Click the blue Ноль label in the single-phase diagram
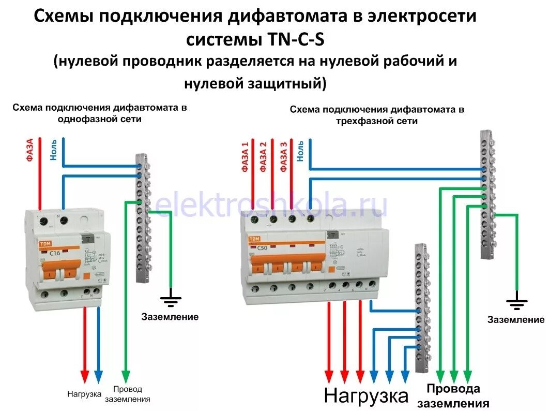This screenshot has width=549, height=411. tap(54, 150)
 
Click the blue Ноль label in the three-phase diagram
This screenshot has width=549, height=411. tap(301, 149)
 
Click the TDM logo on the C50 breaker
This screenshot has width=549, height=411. tap(255, 239)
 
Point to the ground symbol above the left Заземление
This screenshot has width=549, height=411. tap(171, 299)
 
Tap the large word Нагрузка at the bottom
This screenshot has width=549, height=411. tap(366, 396)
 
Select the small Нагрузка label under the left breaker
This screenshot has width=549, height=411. tap(84, 394)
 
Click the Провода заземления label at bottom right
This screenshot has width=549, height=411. tap(453, 396)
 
